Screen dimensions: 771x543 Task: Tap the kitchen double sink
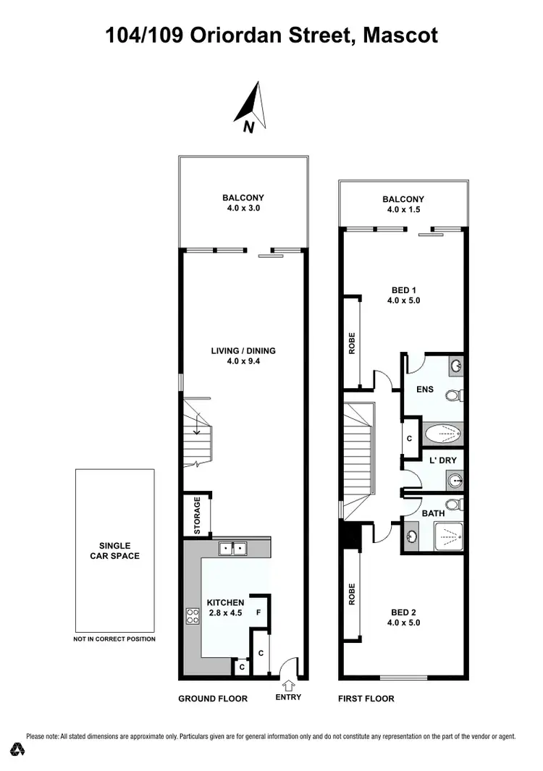(232, 549)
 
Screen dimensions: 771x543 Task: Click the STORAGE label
(197, 515)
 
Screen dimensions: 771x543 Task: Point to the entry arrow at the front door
(288, 684)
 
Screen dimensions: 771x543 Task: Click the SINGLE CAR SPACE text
(114, 551)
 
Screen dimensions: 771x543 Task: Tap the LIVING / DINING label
(243, 355)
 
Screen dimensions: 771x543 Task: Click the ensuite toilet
(454, 396)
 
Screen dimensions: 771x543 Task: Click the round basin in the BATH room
(411, 537)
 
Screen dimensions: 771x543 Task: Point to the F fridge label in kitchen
(258, 612)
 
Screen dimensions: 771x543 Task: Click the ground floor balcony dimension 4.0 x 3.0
(243, 208)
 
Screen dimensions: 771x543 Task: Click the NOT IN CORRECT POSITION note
(114, 639)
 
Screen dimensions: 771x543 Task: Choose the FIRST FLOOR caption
(366, 699)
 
